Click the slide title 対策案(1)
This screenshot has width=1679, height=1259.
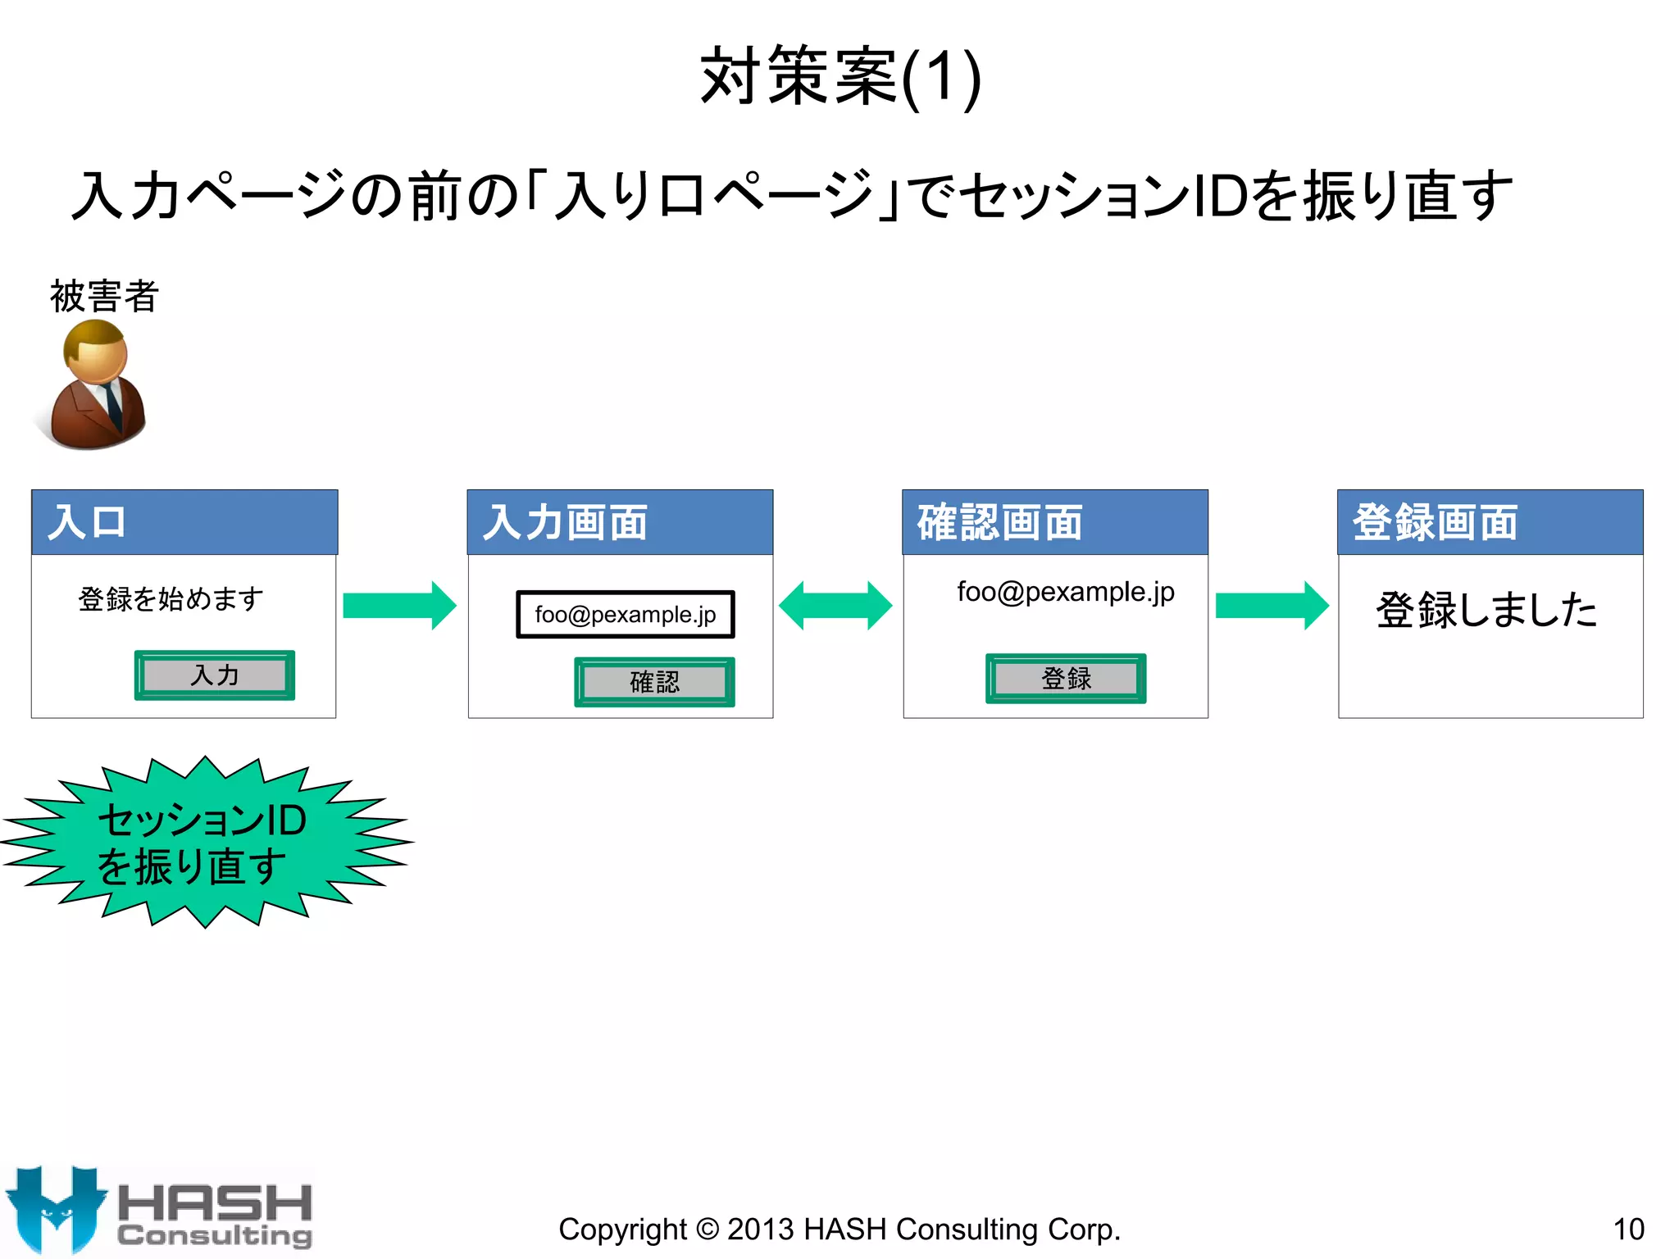[840, 77]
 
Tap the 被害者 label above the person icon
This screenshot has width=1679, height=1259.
[104, 296]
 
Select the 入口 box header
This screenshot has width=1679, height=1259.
[184, 522]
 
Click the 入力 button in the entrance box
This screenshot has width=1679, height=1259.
[215, 675]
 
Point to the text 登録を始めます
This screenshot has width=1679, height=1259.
[171, 599]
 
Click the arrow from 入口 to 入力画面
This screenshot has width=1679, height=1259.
[399, 606]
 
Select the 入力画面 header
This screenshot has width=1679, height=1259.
[620, 522]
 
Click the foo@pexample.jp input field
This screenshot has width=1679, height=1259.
[626, 614]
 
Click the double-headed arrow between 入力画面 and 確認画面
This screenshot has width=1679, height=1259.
[835, 606]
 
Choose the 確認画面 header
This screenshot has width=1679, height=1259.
[1055, 522]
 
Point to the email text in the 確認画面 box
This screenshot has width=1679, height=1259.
[1066, 592]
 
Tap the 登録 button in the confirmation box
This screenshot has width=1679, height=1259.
[1066, 679]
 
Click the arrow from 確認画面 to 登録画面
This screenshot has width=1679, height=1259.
[1272, 606]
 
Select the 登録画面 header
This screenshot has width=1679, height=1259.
[1490, 522]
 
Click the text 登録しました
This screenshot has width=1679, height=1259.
[1486, 610]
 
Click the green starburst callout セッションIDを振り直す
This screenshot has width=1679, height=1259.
[205, 842]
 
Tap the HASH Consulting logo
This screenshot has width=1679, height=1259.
[160, 1211]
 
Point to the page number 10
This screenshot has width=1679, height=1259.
[1628, 1229]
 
